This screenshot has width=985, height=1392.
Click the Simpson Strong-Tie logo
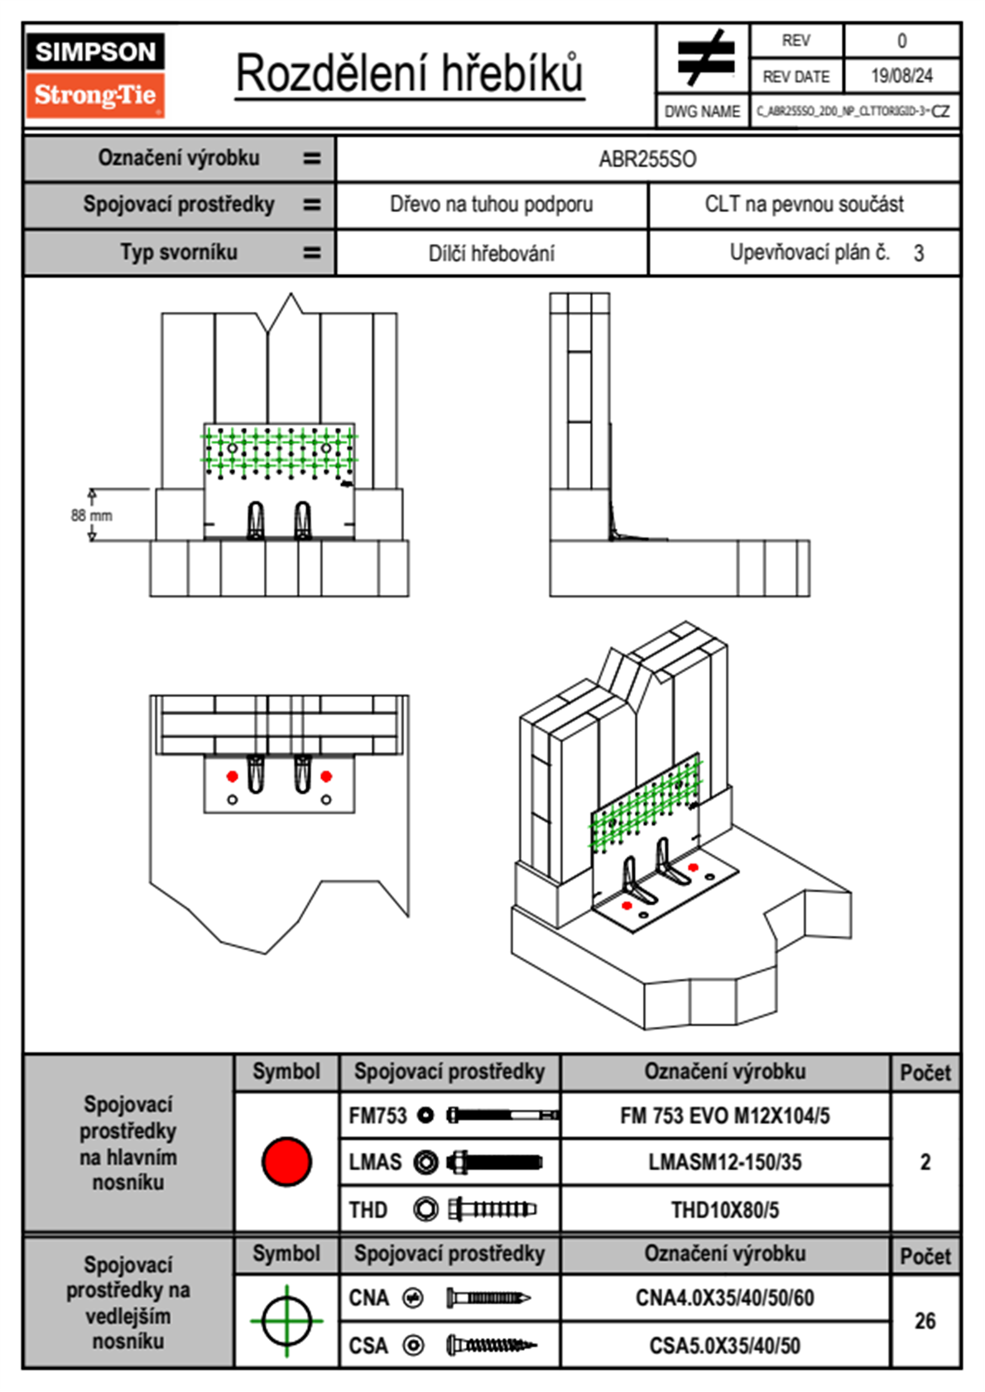coord(95,75)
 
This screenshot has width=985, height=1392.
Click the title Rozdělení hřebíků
coord(410,74)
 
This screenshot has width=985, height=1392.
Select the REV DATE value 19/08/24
coord(901,76)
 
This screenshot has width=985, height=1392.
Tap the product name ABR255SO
coord(647,159)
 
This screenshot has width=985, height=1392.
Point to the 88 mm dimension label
coord(91,515)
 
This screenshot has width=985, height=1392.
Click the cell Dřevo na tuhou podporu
coord(491,204)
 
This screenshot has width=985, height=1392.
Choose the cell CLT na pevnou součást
coord(804,204)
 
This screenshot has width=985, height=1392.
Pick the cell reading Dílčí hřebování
coord(491,253)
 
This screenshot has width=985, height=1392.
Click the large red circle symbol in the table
coord(286,1161)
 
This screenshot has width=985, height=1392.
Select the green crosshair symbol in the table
coord(286,1321)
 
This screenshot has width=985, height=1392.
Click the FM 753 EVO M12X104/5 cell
coord(725,1116)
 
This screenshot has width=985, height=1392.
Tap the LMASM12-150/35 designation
coord(725,1162)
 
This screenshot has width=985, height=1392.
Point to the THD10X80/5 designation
coord(725,1210)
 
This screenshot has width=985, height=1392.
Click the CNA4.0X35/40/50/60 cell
coord(725,1298)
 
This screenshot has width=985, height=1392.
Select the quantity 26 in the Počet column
coord(925,1321)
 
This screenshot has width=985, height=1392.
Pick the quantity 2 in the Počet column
coord(925,1162)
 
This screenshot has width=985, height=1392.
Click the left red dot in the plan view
coord(233,776)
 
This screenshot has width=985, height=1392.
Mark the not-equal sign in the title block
coord(704,58)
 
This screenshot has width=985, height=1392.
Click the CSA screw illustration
coord(491,1346)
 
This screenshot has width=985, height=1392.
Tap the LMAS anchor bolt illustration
coord(494,1162)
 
